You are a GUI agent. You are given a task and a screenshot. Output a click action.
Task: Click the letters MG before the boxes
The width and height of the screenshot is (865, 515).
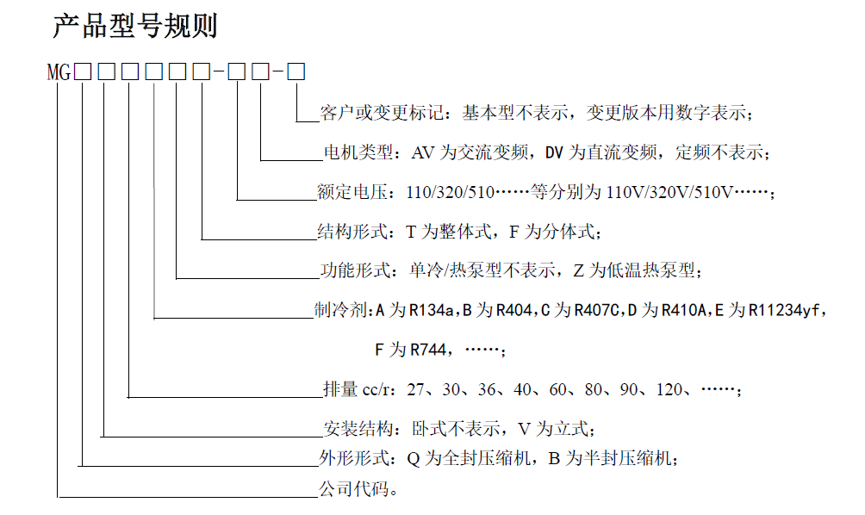click(59, 72)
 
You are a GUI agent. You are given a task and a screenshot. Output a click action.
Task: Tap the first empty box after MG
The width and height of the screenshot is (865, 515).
click(83, 72)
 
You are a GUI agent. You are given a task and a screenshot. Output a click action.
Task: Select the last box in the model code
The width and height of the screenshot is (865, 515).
click(296, 72)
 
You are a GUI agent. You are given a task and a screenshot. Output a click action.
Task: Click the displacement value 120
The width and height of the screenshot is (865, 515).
click(669, 390)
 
